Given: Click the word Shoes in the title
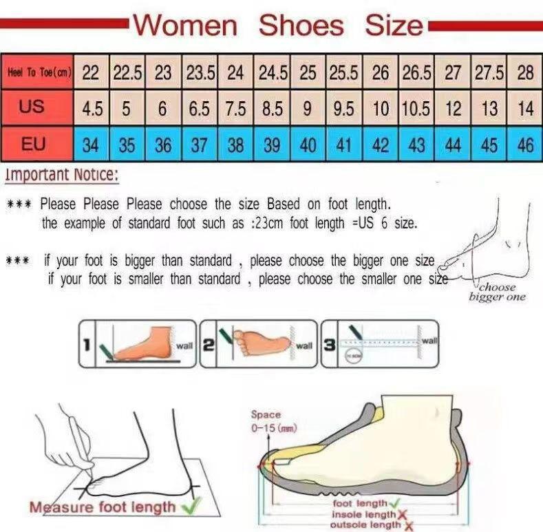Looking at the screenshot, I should pyautogui.click(x=301, y=26).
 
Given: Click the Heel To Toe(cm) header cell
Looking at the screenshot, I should pyautogui.click(x=39, y=72).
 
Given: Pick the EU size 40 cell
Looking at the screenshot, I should pyautogui.click(x=308, y=145).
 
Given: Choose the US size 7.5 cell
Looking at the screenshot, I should pyautogui.click(x=236, y=109).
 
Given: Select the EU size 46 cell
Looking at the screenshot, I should pyautogui.click(x=525, y=145).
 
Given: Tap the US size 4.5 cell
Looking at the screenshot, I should pyautogui.click(x=91, y=109).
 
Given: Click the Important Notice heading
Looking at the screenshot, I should pyautogui.click(x=62, y=175).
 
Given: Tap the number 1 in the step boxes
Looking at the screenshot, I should pyautogui.click(x=87, y=343).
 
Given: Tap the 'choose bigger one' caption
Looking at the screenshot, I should pyautogui.click(x=497, y=292).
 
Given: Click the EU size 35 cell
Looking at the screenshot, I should pyautogui.click(x=127, y=145).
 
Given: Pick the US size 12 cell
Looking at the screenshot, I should pyautogui.click(x=453, y=109).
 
